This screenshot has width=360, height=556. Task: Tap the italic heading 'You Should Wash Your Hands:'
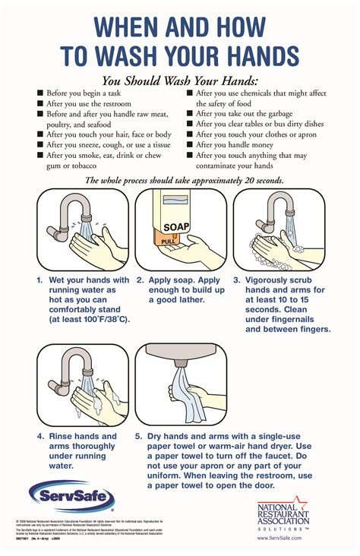(x=180, y=81)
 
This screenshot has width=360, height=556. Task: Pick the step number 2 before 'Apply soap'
(x=141, y=280)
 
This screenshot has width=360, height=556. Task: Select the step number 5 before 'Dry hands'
(x=139, y=437)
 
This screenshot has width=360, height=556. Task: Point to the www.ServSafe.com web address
(x=279, y=537)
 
